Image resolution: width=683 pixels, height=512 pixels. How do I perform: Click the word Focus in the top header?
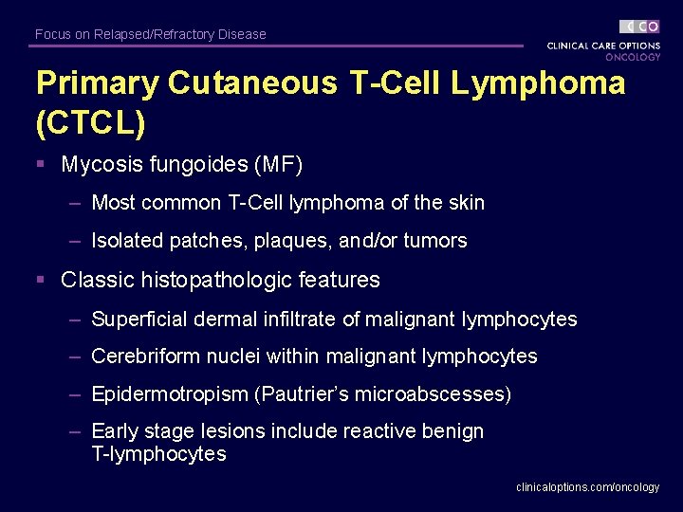(52, 34)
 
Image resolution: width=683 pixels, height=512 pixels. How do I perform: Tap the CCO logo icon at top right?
(639, 27)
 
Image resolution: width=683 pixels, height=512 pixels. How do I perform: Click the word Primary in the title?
(97, 83)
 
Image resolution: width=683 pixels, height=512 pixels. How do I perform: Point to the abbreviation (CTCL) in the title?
(91, 123)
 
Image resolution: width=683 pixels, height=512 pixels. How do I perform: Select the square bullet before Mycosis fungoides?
(41, 164)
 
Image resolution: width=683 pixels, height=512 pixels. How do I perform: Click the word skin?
(464, 203)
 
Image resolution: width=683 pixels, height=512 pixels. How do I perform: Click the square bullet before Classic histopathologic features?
(41, 280)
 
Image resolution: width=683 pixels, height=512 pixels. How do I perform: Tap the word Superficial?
(139, 320)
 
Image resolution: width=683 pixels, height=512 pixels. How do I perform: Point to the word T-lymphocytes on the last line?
(158, 455)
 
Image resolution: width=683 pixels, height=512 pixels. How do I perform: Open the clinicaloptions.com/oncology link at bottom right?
(587, 487)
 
